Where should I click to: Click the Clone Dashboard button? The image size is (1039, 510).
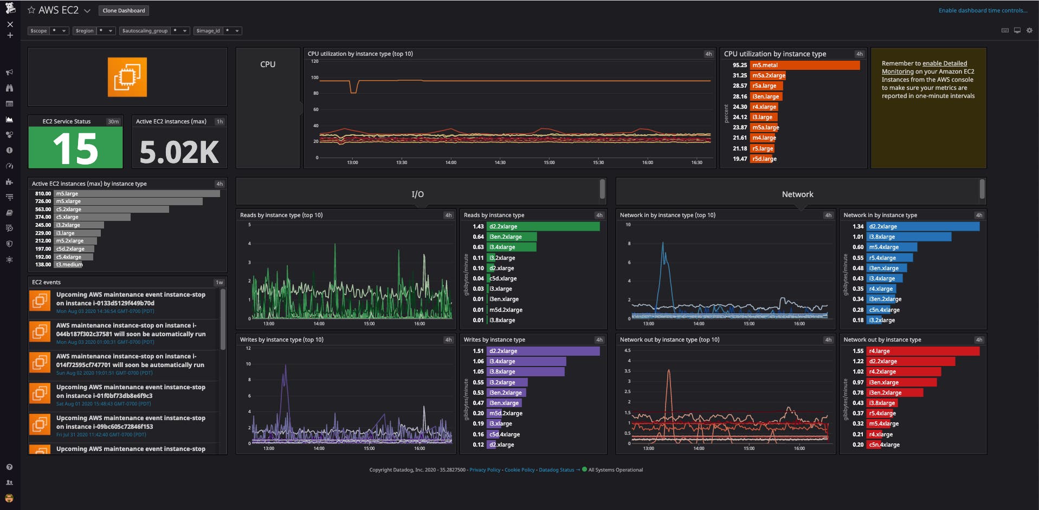point(124,10)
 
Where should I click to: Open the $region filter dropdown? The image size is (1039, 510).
point(94,31)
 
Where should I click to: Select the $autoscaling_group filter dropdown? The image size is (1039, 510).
point(154,31)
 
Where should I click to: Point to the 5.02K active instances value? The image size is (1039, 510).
point(179,152)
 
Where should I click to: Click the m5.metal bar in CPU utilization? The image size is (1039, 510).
point(804,65)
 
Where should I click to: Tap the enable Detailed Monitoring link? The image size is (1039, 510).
point(945,64)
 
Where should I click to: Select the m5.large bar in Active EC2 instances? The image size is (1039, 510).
point(137,193)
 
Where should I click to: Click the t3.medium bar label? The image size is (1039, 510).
point(69,265)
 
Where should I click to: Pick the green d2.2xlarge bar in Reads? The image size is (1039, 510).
point(543,226)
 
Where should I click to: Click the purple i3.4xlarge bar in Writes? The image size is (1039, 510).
point(526,361)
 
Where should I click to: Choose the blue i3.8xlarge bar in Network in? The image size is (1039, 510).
point(908,237)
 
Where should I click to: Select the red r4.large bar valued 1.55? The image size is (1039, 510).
point(922,351)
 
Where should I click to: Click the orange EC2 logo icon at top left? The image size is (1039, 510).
point(127,77)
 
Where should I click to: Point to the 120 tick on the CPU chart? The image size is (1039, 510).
point(314,61)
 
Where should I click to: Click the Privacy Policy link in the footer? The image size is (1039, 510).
point(485,470)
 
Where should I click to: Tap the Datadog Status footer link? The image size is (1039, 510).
point(556,470)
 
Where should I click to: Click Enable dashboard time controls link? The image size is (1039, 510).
point(982,10)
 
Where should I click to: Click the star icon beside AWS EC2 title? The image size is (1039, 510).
point(31,10)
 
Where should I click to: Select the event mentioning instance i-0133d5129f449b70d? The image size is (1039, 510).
point(130,299)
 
